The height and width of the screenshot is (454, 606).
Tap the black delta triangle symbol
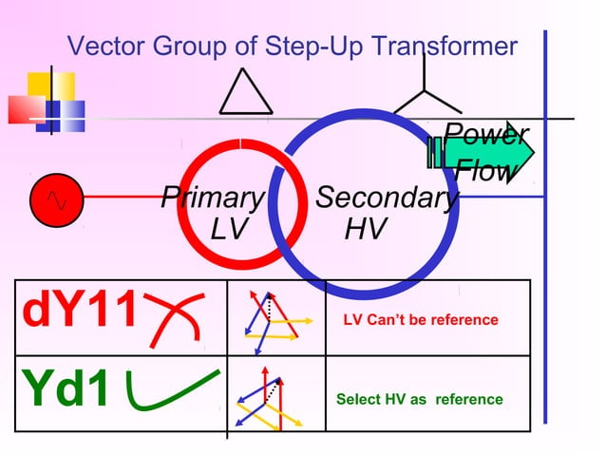pyautogui.click(x=245, y=92)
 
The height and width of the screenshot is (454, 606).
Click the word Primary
pyautogui.click(x=212, y=198)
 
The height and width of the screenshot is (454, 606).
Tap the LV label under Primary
pyautogui.click(x=228, y=229)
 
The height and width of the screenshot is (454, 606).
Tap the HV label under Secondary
pyautogui.click(x=366, y=229)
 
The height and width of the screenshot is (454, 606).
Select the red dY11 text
pyautogui.click(x=80, y=312)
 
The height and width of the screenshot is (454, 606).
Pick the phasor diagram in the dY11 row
pyautogui.click(x=275, y=317)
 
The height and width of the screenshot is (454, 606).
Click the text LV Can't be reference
pyautogui.click(x=420, y=320)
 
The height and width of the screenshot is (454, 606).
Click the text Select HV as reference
pyautogui.click(x=419, y=399)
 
